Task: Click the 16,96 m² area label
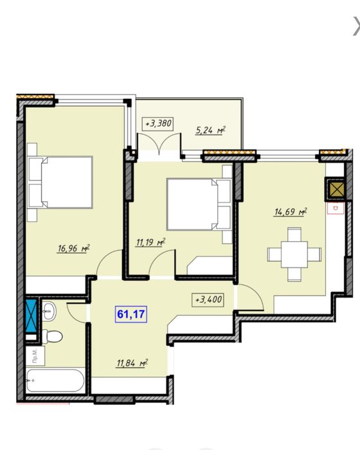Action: click(x=74, y=248)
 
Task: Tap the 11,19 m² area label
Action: click(x=150, y=242)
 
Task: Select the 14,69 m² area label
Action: click(x=291, y=212)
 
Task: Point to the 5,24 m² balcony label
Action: click(x=210, y=130)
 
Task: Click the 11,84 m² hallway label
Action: click(x=132, y=363)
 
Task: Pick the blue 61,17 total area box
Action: click(x=131, y=314)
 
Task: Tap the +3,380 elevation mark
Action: click(x=158, y=123)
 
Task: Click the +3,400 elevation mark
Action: click(x=208, y=300)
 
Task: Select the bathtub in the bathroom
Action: click(x=55, y=381)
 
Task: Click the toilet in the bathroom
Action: click(x=52, y=336)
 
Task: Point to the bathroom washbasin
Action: click(x=49, y=310)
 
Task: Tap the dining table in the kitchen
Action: click(x=294, y=255)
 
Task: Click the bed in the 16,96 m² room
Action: click(x=60, y=182)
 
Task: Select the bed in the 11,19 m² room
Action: click(x=199, y=204)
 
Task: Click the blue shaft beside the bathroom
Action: click(x=31, y=316)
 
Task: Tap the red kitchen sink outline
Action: click(x=335, y=208)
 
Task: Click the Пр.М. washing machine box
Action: click(x=35, y=356)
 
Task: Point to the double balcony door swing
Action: click(x=159, y=143)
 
